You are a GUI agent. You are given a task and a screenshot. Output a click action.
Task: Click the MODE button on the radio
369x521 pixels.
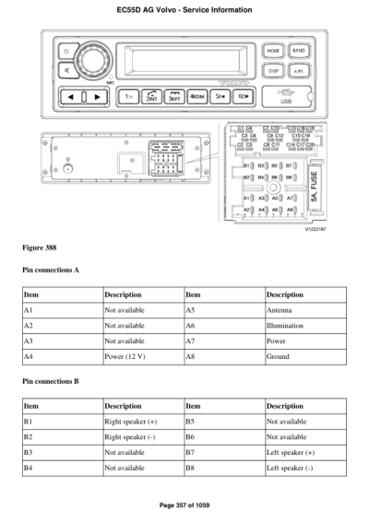[273, 51]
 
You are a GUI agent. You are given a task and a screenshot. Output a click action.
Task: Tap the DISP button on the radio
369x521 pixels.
[273, 70]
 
